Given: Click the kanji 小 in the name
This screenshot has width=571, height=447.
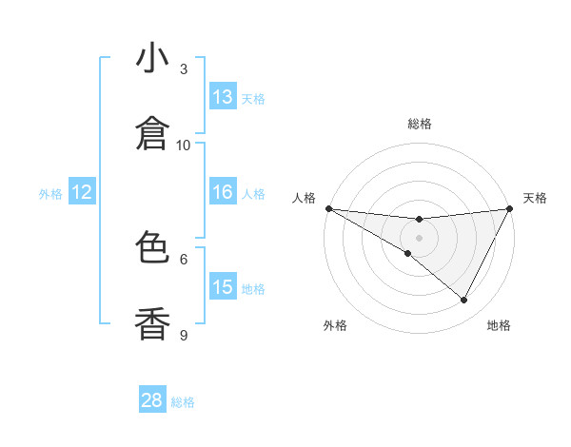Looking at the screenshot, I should [153, 59].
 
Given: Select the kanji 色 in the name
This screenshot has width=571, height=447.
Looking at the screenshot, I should [153, 248].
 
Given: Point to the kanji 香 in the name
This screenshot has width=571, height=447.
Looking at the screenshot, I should [153, 323].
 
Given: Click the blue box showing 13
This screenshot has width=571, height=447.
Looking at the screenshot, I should [223, 97].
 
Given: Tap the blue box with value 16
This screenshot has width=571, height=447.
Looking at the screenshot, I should [223, 192].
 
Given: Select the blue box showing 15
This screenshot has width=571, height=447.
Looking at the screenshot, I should [223, 287].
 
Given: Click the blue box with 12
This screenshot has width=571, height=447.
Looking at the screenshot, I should [82, 192].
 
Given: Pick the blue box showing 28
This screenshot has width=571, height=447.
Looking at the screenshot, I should [152, 400].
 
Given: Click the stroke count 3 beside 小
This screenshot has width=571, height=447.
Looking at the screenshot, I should [184, 69].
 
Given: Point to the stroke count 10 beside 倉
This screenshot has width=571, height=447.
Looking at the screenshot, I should [184, 145].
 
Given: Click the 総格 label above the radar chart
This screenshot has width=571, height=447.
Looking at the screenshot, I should [420, 124].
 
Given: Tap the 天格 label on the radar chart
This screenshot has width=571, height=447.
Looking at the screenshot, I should [535, 198].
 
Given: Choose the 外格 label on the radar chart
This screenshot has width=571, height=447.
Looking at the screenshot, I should [335, 325].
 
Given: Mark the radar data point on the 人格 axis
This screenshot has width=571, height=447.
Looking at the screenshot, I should [328, 207].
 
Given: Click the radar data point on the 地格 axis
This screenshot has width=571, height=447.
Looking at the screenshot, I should [464, 301].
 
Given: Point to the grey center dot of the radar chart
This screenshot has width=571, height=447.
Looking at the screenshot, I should [420, 237].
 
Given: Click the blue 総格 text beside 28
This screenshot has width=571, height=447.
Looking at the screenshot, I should [183, 402].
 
